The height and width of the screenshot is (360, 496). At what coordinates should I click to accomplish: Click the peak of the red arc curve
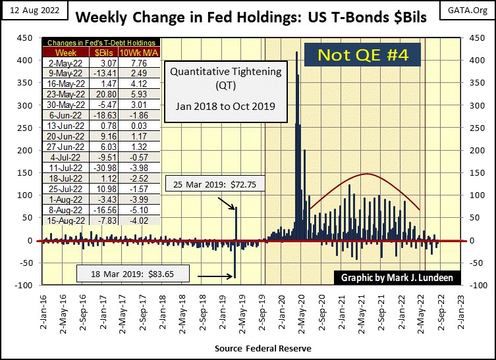pos(366,174)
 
